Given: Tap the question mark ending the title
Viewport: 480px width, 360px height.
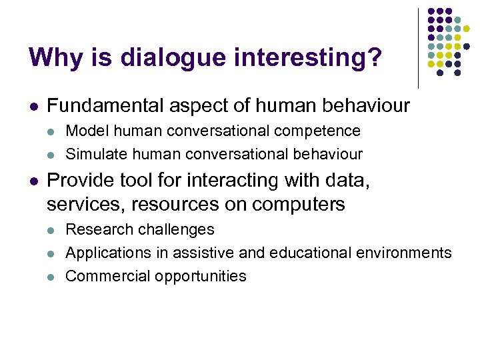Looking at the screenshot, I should [376, 57].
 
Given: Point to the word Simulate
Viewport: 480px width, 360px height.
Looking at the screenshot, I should [93, 155].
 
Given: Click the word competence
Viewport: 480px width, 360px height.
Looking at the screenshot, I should [326, 131].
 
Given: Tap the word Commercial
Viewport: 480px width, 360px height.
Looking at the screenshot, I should [107, 276].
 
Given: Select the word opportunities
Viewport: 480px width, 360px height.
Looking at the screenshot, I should [199, 277].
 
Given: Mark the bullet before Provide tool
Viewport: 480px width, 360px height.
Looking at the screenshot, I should [33, 181].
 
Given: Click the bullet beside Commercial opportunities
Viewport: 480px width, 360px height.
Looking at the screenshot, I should [51, 277].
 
